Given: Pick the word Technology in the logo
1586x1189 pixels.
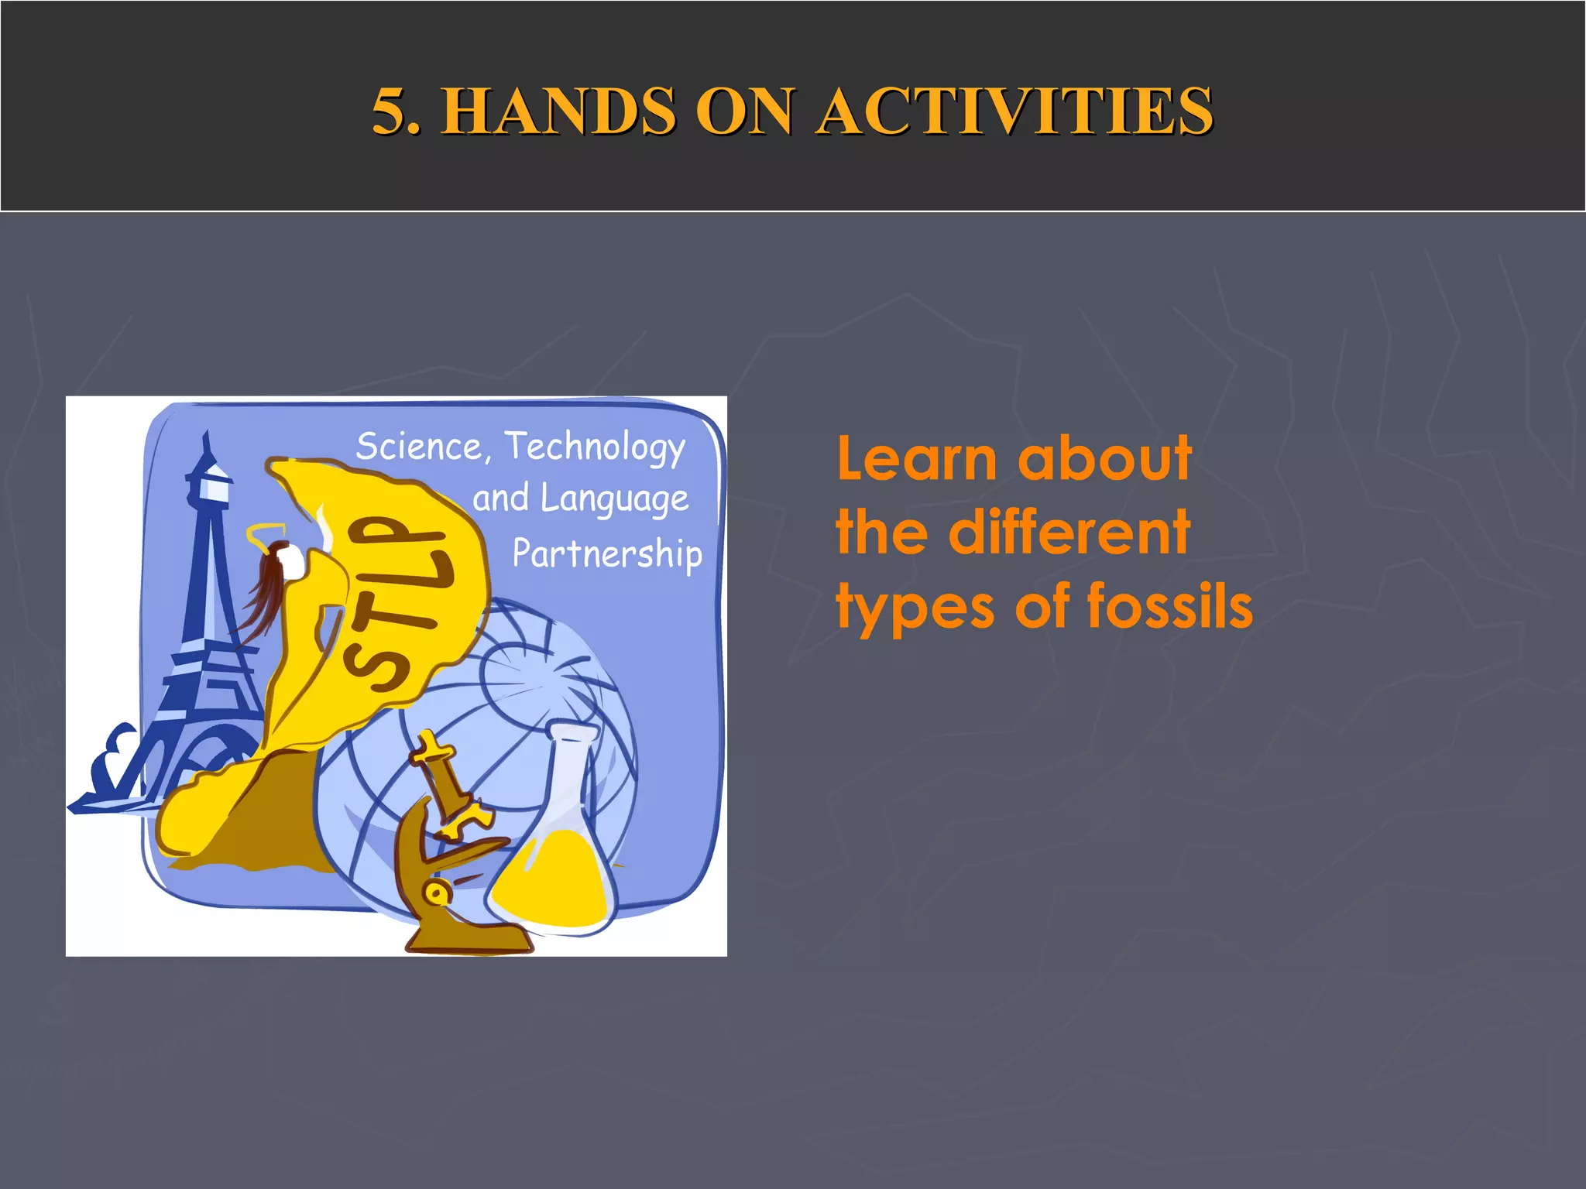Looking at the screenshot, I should point(595,447).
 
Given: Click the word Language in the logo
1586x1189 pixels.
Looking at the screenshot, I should point(613,499).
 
